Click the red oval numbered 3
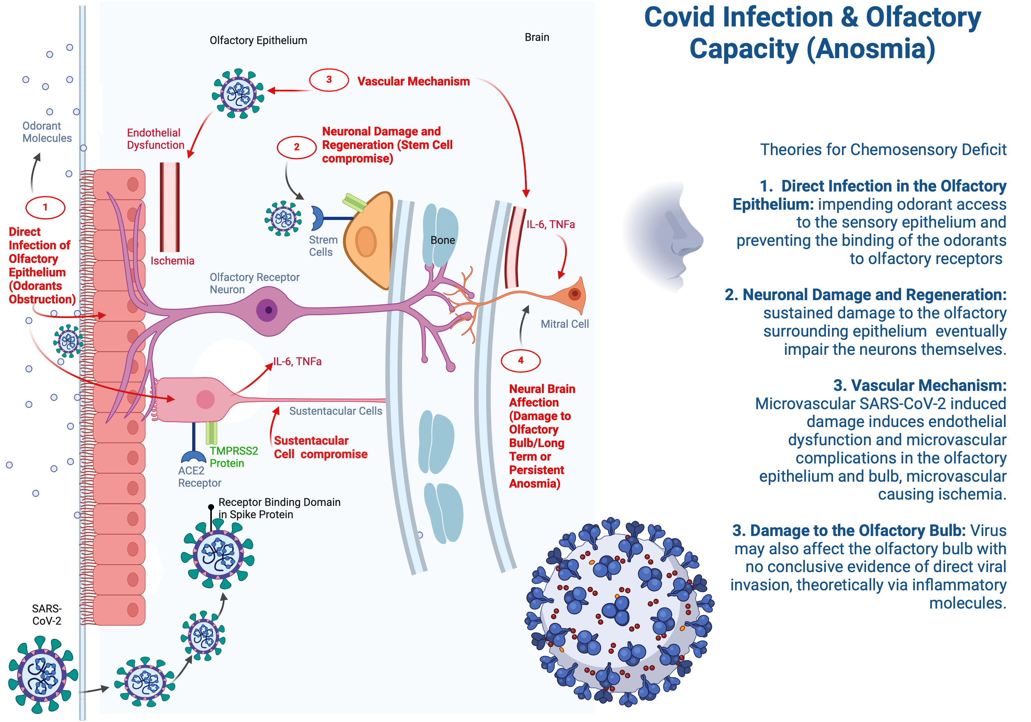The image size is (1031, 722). tap(329, 80)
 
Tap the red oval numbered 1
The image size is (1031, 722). tap(45, 207)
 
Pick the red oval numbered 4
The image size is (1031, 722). tap(520, 360)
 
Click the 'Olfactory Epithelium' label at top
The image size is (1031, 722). tap(258, 41)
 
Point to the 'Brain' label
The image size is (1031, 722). tap(536, 37)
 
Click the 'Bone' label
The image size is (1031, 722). tap(442, 240)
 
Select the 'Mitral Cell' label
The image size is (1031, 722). tap(564, 324)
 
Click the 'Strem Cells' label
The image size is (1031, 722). tap(323, 246)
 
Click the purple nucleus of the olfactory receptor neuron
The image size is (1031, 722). tap(268, 310)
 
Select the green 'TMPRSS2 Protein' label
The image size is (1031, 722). tap(233, 457)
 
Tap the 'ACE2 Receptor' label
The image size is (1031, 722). tap(199, 477)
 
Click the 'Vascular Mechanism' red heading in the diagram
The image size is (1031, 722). tap(413, 81)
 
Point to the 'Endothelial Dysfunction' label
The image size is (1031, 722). tap(155, 139)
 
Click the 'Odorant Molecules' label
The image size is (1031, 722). tap(47, 132)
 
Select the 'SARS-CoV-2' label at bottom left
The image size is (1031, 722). tap(47, 615)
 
